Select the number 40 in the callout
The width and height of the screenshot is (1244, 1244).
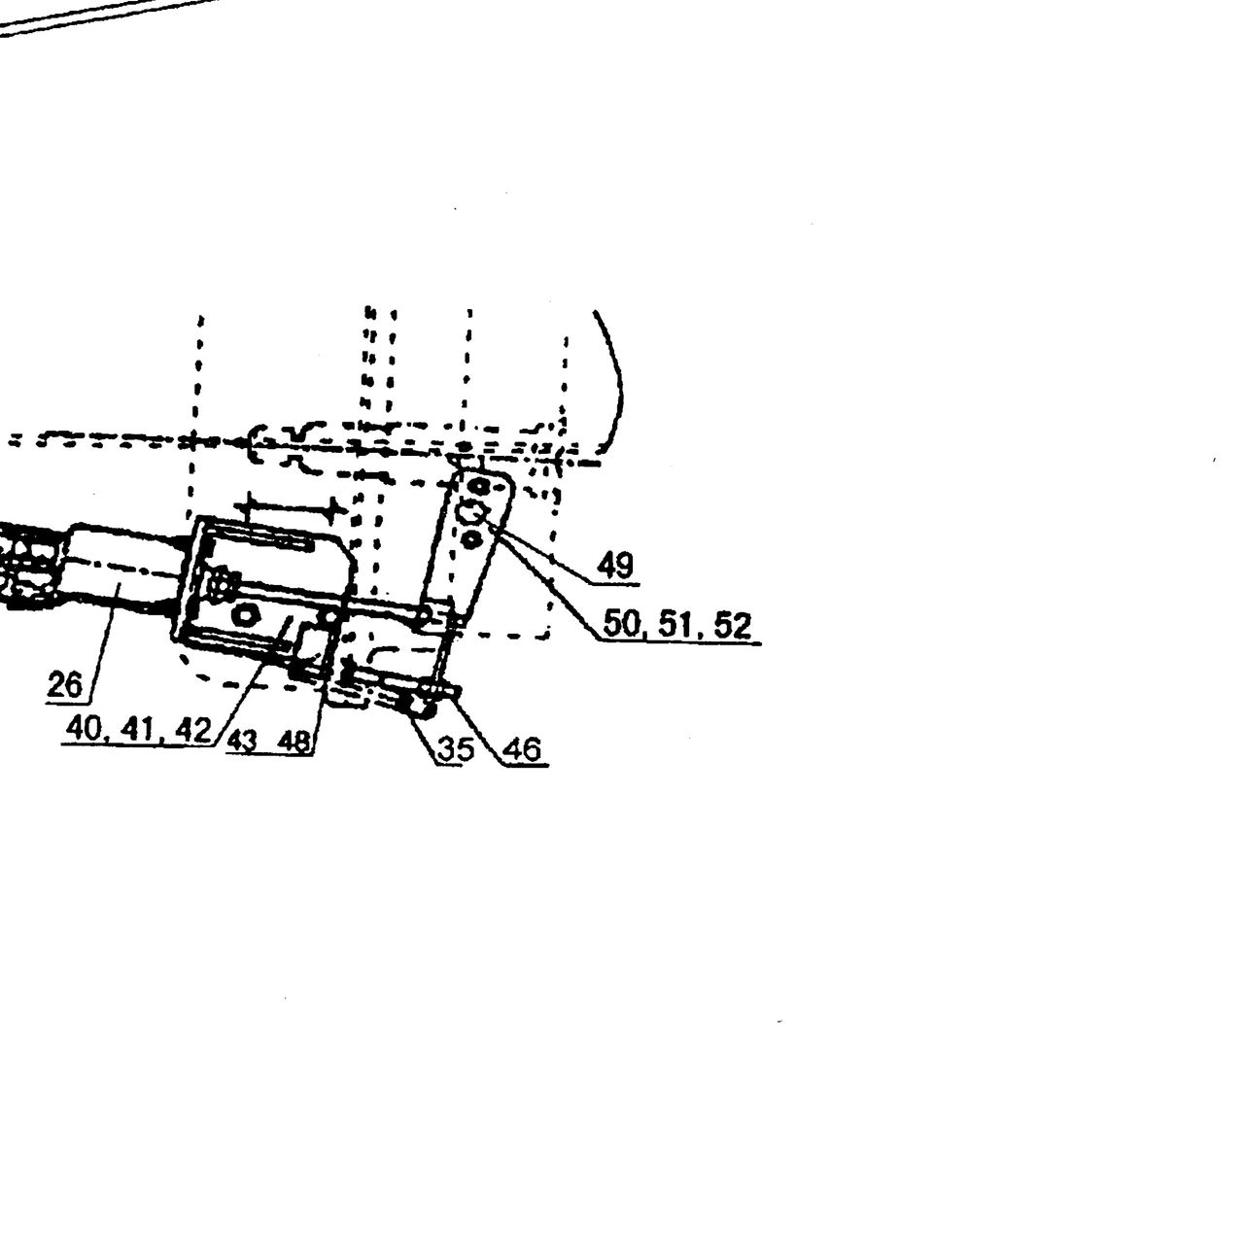[x=84, y=730]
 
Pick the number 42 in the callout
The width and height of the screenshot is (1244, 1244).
[x=193, y=730]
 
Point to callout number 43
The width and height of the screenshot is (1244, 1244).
[x=242, y=742]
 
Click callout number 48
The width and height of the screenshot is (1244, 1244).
[x=294, y=742]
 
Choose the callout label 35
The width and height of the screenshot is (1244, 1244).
[x=456, y=749]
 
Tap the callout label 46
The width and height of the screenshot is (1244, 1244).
[x=523, y=749]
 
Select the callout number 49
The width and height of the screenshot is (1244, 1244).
[x=615, y=567]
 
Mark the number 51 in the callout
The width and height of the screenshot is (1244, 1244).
[x=675, y=624]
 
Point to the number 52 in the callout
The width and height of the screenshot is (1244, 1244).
[x=733, y=625]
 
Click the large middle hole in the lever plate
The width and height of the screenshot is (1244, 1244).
[x=469, y=514]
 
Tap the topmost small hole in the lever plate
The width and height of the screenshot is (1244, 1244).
[x=479, y=485]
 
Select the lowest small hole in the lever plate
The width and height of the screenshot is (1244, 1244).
[x=472, y=537]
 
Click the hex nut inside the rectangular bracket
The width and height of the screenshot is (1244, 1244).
[x=245, y=614]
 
